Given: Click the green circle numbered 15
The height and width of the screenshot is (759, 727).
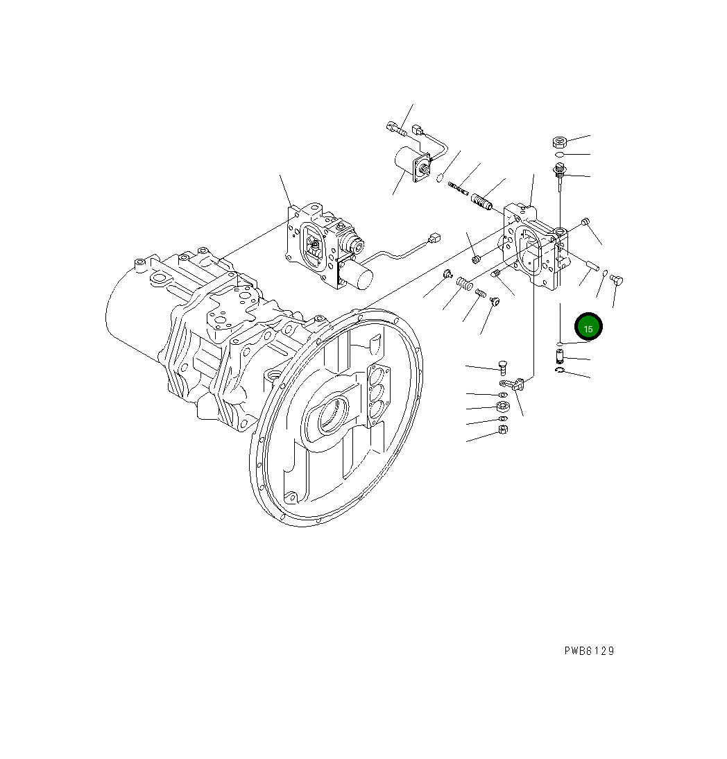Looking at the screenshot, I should tap(588, 327).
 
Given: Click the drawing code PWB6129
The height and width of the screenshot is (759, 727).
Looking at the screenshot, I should tap(588, 651).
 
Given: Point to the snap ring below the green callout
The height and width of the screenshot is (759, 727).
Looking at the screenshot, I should tap(561, 374).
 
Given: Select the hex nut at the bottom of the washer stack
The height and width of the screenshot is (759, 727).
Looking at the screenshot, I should tap(504, 429).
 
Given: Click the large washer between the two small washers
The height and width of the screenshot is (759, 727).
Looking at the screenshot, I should tap(504, 407).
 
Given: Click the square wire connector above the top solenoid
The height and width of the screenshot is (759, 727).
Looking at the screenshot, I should tap(418, 129).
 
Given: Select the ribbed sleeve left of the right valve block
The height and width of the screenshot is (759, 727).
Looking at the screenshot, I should tap(481, 202).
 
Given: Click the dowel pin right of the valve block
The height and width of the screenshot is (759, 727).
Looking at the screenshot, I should tap(592, 264).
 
